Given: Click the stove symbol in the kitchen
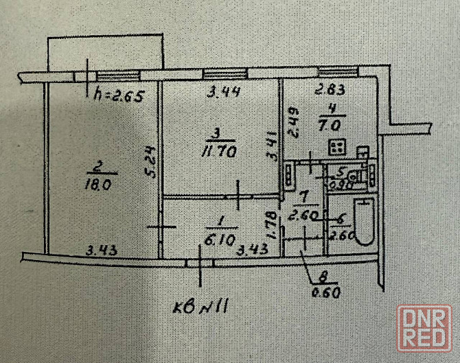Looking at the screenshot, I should pos(336,147).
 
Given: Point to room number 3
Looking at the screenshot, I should pos(216,133).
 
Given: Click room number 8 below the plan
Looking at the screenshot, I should pos(321,279).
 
